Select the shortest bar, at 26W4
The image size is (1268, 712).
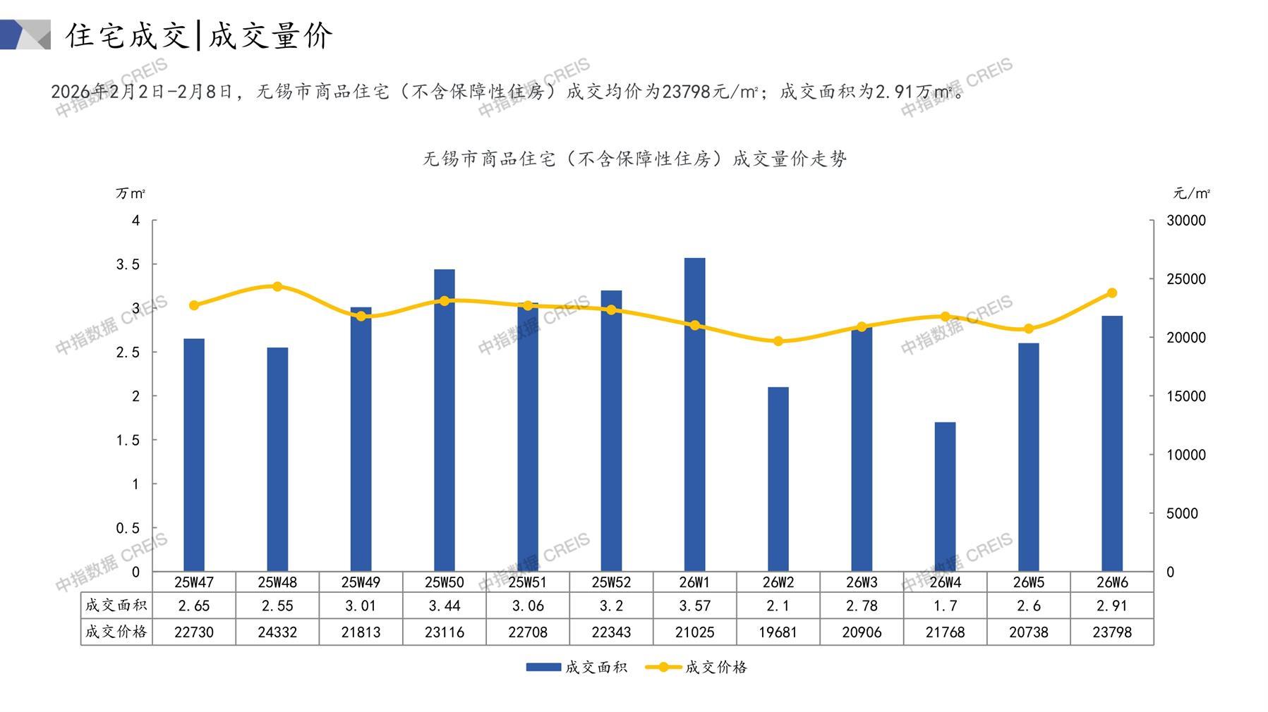pos(945,497)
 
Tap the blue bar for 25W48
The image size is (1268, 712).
pos(277,459)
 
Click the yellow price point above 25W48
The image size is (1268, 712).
pos(277,287)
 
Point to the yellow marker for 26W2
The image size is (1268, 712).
pos(778,341)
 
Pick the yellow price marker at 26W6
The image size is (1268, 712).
pos(1112,293)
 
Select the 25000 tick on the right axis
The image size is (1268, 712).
pos(1185,279)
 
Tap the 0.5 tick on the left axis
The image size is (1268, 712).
pos(128,528)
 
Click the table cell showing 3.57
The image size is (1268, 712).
pos(694,606)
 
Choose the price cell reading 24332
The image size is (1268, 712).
pos(277,632)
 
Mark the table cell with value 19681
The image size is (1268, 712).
pos(778,632)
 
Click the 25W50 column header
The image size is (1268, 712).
pos(445,582)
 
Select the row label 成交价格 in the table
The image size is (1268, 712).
pos(116,632)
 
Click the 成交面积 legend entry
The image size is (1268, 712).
pos(576,667)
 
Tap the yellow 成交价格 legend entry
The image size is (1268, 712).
pos(696,667)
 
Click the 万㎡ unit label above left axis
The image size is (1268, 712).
pos(131,193)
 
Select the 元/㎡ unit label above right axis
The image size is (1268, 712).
pos(1191,193)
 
